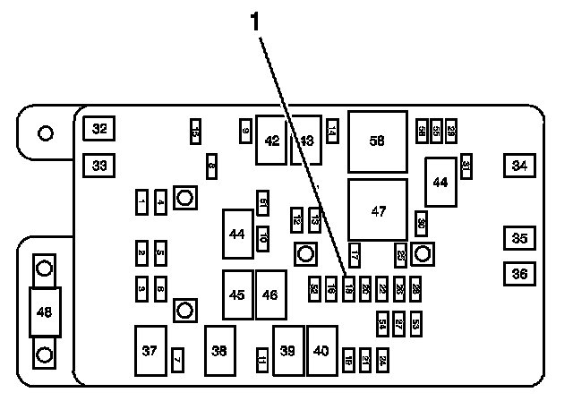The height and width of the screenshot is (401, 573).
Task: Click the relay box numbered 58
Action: [377, 141]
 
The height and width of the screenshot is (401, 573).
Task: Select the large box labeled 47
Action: [377, 210]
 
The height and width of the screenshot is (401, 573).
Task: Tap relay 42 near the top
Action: [272, 140]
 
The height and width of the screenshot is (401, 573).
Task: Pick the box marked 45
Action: [237, 294]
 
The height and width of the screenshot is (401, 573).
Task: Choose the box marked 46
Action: [270, 294]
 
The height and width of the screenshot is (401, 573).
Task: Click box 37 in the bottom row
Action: [150, 352]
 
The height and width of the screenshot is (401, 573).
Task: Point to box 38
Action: [219, 352]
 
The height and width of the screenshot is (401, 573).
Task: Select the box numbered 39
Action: [287, 352]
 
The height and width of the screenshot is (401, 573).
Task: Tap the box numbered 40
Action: [321, 352]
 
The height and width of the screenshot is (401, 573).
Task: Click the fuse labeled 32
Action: [99, 129]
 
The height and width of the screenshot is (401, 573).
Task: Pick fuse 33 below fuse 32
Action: [99, 166]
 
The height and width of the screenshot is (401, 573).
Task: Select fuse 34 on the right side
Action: [519, 165]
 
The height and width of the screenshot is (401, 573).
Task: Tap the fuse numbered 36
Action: [519, 273]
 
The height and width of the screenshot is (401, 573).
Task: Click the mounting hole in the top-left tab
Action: [44, 133]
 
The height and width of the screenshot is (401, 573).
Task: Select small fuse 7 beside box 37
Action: [177, 359]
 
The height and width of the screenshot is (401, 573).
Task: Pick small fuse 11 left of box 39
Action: [261, 360]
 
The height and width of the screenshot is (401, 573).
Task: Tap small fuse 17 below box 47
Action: [355, 255]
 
